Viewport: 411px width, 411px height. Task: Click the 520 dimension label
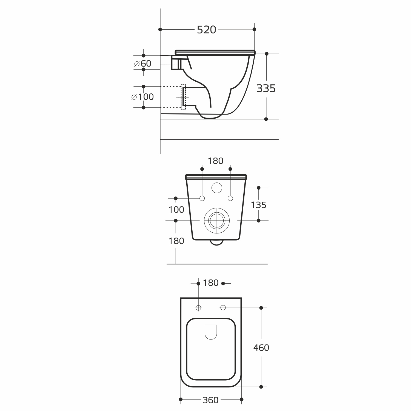click(207, 30)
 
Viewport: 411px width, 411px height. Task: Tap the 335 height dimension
click(266, 89)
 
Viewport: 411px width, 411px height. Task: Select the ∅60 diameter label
click(143, 64)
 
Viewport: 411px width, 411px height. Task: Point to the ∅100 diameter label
click(142, 97)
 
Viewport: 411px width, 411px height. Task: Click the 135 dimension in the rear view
click(258, 205)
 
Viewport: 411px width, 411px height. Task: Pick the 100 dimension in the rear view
click(176, 210)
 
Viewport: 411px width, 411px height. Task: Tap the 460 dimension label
click(261, 348)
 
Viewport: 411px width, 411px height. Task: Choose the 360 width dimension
click(210, 400)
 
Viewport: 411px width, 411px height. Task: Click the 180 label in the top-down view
click(211, 283)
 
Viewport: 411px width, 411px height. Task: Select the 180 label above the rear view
click(215, 161)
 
